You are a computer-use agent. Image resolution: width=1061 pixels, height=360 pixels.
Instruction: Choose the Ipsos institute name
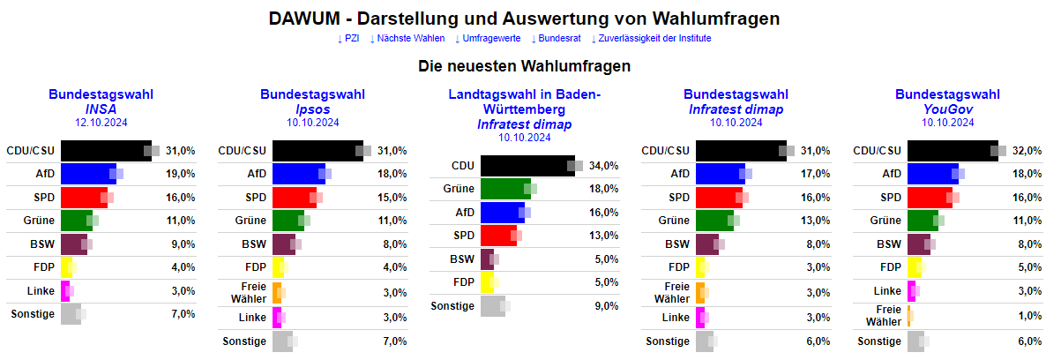coord(312,109)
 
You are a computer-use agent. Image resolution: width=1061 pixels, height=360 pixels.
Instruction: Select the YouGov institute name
coord(947,109)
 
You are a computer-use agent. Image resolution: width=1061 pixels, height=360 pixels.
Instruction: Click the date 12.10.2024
coord(101,123)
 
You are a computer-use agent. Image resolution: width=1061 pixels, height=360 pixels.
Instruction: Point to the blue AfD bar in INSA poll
coord(88,174)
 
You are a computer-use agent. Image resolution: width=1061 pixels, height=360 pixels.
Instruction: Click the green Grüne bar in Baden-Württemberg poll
coord(505,188)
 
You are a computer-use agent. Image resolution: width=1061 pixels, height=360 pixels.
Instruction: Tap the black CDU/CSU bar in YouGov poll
coord(953,151)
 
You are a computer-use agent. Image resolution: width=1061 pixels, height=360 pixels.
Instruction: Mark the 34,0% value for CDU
coord(603,165)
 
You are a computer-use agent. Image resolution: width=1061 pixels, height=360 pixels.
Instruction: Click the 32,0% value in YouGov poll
coord(1027,151)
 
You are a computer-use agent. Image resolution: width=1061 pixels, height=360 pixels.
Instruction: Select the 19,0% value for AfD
coord(180,174)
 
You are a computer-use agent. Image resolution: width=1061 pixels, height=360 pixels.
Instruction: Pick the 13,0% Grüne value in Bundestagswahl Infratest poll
coord(815,220)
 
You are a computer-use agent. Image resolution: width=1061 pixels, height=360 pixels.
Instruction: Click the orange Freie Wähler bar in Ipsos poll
coord(276,292)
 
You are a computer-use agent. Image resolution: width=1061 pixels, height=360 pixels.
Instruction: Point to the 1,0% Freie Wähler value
coord(1027,316)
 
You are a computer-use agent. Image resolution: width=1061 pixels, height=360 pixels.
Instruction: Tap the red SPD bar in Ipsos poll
coord(294,197)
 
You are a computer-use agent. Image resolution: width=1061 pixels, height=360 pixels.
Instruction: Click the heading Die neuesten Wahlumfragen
coord(524,66)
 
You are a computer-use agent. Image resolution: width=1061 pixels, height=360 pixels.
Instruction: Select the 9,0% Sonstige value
coord(603,306)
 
